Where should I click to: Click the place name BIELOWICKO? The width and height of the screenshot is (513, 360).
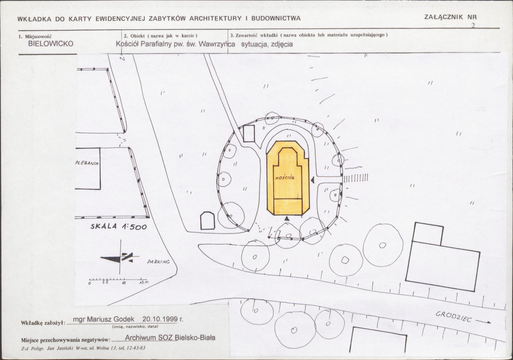(x=51, y=44)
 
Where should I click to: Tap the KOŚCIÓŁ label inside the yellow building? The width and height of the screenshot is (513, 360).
(x=285, y=177)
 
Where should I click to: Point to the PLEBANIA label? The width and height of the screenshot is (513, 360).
(x=87, y=163)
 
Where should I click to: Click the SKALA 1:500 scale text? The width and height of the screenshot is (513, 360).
(x=119, y=226)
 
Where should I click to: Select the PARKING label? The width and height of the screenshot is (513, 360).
(x=159, y=262)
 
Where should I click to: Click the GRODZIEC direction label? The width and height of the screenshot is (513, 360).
(x=454, y=316)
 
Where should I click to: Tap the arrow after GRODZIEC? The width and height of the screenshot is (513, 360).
(x=483, y=321)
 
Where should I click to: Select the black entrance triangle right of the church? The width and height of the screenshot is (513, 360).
(x=313, y=180)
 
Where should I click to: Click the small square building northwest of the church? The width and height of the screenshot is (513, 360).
(x=249, y=134)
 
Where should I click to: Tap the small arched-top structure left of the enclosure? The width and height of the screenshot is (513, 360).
(x=207, y=220)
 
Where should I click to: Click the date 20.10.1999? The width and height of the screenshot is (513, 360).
(x=160, y=319)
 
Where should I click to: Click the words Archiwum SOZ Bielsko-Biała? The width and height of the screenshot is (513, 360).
(x=170, y=338)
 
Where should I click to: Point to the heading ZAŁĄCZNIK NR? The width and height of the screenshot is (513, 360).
(x=450, y=17)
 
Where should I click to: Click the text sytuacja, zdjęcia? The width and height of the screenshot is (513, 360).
(x=267, y=44)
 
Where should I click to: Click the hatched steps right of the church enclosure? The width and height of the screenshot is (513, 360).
(x=356, y=177)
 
